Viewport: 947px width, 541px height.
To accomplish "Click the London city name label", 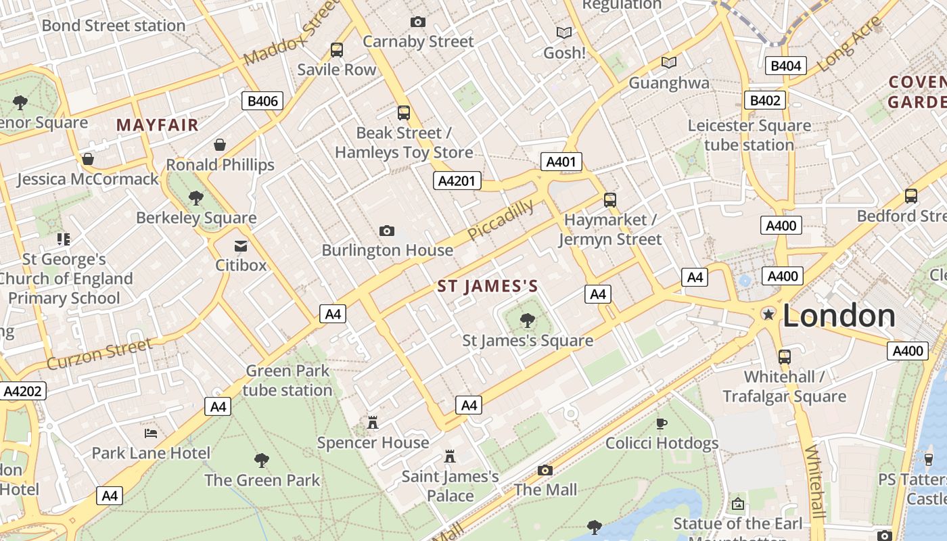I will tap(839, 316).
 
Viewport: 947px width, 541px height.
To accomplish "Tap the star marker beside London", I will tap(768, 314).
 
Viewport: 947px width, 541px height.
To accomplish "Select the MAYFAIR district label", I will tap(158, 125).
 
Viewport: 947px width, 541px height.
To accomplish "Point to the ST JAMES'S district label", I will tap(488, 286).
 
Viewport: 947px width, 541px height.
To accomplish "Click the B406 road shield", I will tap(262, 101).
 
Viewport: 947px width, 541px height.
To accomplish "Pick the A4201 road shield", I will tap(457, 181).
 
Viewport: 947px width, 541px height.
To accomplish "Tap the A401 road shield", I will tap(561, 162).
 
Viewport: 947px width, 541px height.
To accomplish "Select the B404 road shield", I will tap(785, 66).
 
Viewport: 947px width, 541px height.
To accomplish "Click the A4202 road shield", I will tap(23, 391).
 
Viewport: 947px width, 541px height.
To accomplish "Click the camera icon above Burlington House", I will tap(387, 231).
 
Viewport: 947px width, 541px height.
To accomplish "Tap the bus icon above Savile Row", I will tap(336, 50).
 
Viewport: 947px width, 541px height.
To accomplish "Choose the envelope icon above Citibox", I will tap(241, 246).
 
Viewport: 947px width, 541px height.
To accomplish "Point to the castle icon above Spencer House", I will tap(372, 423).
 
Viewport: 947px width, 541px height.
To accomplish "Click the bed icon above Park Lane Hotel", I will tap(151, 433).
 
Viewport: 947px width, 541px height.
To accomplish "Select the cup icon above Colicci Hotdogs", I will tap(662, 424).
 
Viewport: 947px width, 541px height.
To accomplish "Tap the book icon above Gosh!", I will tap(564, 32).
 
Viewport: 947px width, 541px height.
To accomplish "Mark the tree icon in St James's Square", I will tap(528, 321).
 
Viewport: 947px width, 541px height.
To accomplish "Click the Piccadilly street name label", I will tap(501, 220).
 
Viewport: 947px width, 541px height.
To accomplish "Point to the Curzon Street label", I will tap(99, 354).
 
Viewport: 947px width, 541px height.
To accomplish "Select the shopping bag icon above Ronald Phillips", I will tap(220, 145).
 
